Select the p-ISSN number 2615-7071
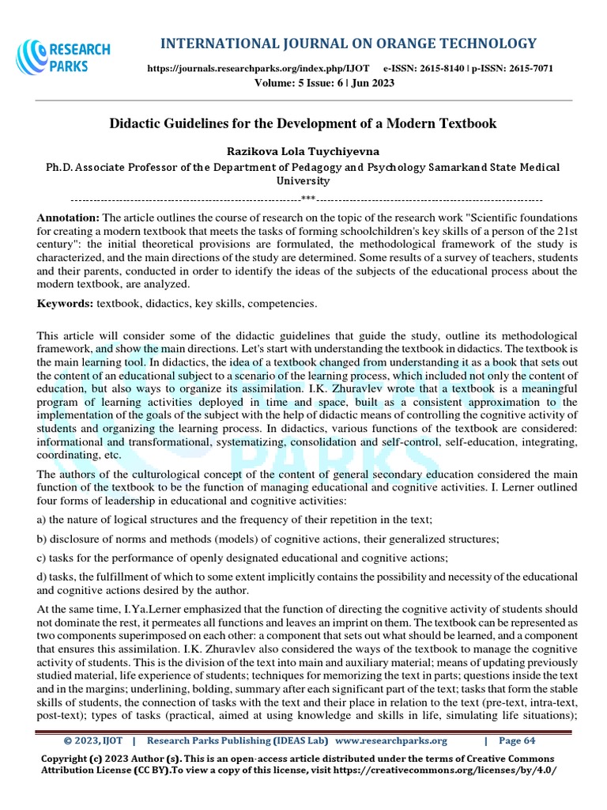click(532, 70)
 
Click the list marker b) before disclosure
click(43, 539)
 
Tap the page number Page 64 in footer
click(518, 741)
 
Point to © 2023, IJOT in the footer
click(92, 741)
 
